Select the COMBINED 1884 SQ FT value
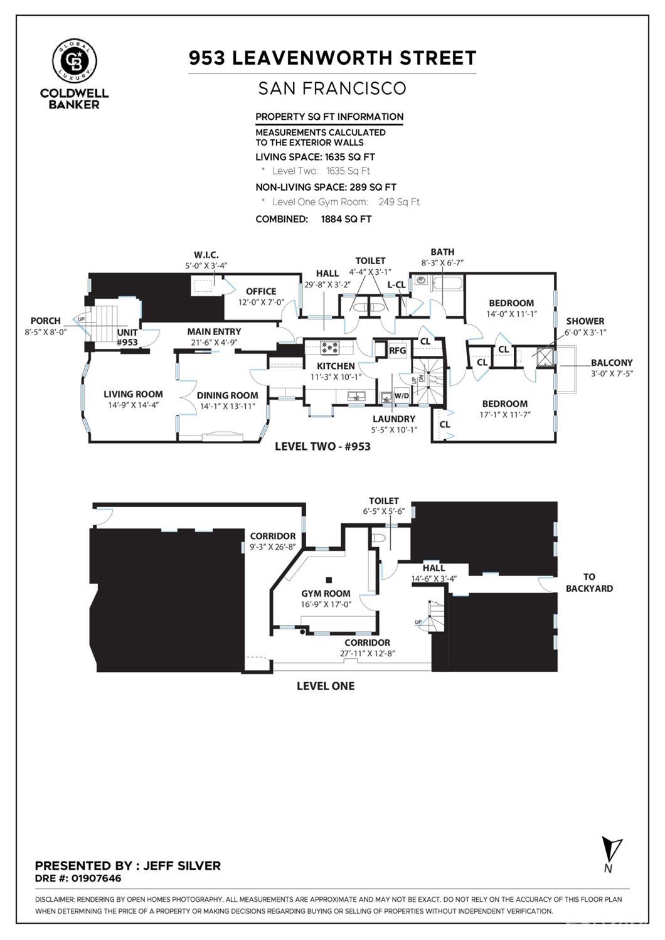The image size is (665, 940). coord(346,219)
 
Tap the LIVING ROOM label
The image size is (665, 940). coord(133,394)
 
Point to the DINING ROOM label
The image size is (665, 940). coord(227,395)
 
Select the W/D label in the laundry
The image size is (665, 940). coord(402,396)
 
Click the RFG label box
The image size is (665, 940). coord(397,350)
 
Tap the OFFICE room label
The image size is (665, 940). coord(261,291)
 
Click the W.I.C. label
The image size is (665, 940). coord(206,255)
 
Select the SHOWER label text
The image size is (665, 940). coord(585,321)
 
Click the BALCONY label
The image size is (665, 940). coord(611,363)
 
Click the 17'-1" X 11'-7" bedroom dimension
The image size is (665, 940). coord(505,414)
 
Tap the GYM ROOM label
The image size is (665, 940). coord(326,593)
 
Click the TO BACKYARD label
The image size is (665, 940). coord(588,582)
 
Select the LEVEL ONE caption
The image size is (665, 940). coord(325,686)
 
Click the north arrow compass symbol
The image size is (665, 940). coord(610,852)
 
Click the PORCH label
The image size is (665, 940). coord(45,321)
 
